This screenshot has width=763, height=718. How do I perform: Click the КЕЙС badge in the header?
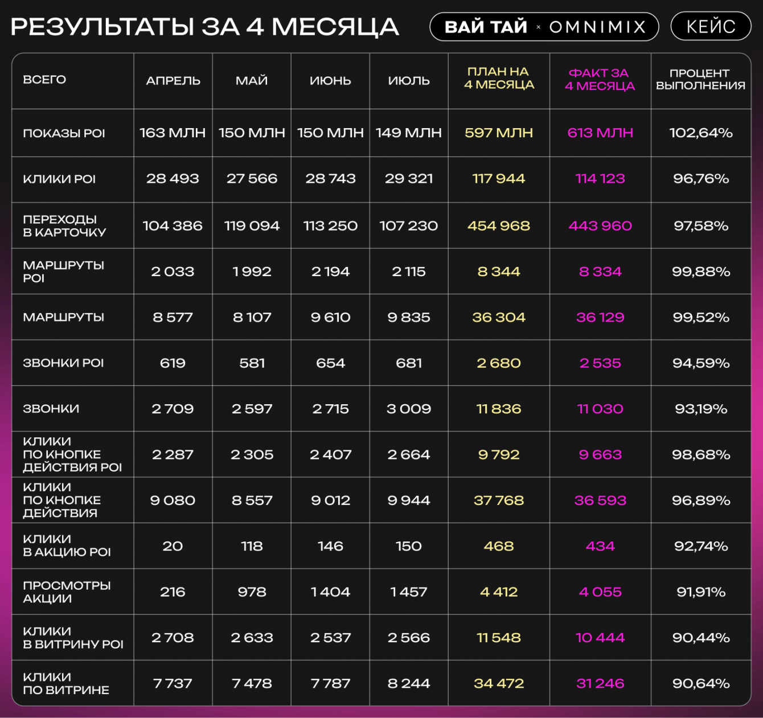[x=711, y=26]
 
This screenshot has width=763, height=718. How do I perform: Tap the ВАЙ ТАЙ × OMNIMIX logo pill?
[x=544, y=27]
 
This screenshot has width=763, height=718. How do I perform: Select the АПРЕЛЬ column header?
[x=173, y=81]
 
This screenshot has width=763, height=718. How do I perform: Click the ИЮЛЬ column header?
[x=409, y=81]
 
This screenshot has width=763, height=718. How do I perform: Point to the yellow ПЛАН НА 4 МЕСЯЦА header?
[x=499, y=79]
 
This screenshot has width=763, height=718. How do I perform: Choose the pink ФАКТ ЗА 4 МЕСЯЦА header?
[x=600, y=80]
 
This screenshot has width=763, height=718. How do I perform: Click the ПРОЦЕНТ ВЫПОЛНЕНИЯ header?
[x=700, y=80]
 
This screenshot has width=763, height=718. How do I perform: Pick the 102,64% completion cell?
[x=700, y=133]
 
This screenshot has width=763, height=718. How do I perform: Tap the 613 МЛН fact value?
[x=600, y=133]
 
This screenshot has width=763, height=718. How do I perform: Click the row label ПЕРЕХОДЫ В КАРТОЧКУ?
[x=64, y=225]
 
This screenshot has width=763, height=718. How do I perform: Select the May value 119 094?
[x=252, y=226]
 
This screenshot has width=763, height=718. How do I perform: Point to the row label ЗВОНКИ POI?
[x=63, y=363]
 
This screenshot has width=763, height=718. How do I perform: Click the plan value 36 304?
[x=499, y=317]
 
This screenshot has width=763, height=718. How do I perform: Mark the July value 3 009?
[x=409, y=409]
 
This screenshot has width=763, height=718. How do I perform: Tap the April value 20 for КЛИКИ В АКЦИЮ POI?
[x=173, y=546]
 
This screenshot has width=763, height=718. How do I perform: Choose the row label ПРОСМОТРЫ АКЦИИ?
[x=67, y=592]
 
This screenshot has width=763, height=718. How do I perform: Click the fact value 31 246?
[x=600, y=683]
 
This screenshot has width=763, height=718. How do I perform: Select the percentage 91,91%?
[x=700, y=592]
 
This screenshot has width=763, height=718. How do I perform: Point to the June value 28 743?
[x=330, y=179]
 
